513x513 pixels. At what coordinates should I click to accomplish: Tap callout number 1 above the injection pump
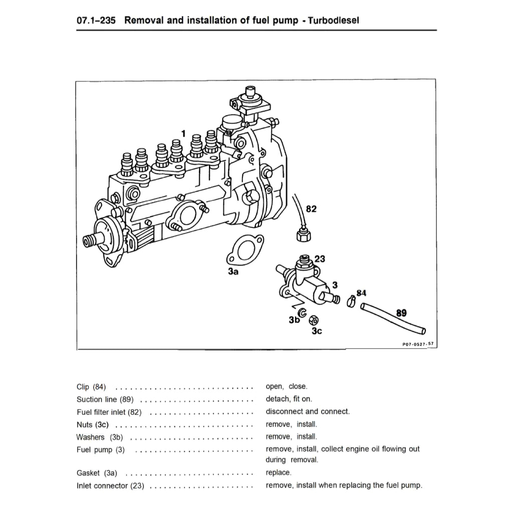183,133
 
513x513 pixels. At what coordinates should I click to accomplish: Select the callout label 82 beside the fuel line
311,209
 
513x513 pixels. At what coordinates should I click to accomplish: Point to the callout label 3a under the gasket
233,272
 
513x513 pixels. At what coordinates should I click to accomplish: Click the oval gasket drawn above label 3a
244,250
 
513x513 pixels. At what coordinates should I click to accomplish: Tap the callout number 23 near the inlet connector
320,259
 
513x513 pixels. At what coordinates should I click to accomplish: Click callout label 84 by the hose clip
361,293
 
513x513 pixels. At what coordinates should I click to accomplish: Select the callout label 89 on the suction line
401,314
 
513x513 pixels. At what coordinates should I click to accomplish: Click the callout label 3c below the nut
316,331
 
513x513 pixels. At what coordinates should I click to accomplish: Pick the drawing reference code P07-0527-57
417,344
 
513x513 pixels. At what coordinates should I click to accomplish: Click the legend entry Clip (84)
91,387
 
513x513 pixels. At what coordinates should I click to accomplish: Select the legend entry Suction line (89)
104,399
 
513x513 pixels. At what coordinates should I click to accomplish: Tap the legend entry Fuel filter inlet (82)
109,412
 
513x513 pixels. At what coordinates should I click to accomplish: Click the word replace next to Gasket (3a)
278,472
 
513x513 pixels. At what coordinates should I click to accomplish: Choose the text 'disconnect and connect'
308,412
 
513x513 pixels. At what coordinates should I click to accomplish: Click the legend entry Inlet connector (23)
110,485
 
